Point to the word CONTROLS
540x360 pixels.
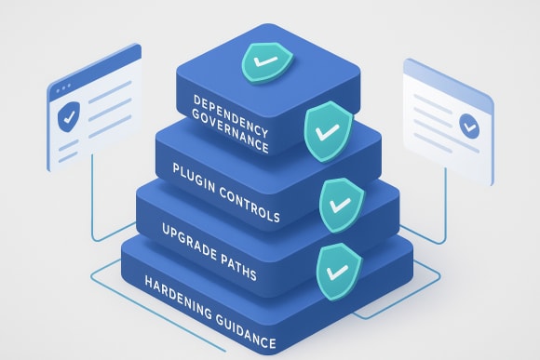pyautogui.click(x=249, y=209)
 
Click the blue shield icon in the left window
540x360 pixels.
pyautogui.click(x=68, y=119)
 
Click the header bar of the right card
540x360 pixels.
pyautogui.click(x=447, y=80)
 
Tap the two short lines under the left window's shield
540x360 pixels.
pyautogui.click(x=72, y=150)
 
